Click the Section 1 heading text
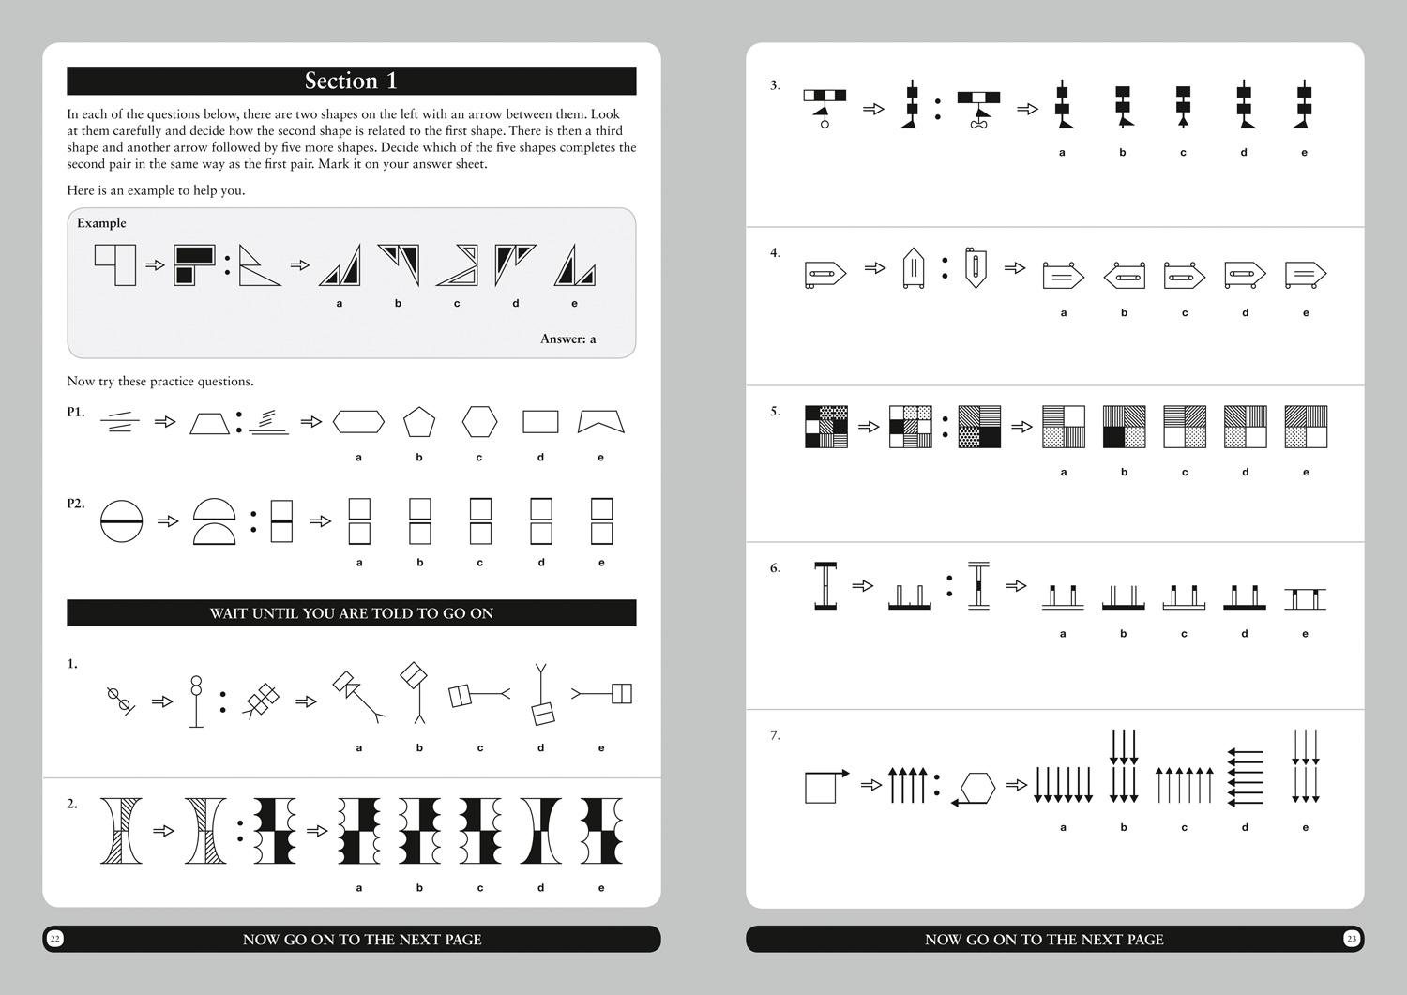click(351, 81)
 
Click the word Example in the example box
click(101, 223)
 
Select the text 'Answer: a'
click(567, 339)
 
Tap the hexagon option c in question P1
click(479, 421)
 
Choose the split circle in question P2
click(121, 521)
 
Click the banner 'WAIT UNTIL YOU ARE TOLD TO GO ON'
click(351, 613)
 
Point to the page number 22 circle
click(54, 939)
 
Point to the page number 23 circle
click(1351, 939)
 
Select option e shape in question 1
click(602, 693)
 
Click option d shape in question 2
click(541, 831)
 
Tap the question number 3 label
click(775, 84)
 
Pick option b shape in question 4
click(1124, 275)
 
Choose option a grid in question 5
click(1064, 427)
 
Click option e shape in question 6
click(1306, 599)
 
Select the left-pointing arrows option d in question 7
click(1245, 777)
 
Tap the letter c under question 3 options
click(1183, 153)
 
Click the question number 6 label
click(775, 568)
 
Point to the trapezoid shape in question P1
click(210, 423)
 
